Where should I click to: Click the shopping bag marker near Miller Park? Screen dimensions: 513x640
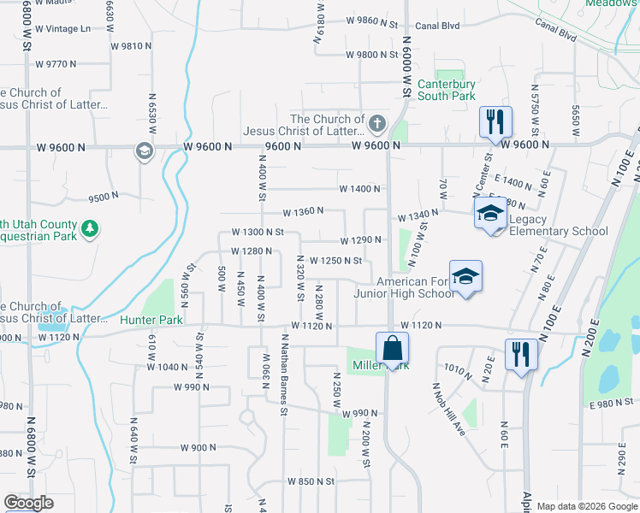392,349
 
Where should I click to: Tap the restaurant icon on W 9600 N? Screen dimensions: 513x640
495,122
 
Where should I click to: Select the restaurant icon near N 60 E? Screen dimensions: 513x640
520,354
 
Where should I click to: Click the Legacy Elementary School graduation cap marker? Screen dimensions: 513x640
490,213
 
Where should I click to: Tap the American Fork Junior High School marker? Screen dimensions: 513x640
465,277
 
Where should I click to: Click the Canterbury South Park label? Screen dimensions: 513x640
446,90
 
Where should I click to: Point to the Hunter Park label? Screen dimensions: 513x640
151,320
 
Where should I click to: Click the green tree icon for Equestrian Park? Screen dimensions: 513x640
90,228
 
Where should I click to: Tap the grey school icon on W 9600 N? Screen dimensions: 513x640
144,151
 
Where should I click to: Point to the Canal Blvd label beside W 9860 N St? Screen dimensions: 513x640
437,26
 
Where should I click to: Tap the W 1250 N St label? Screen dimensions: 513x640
335,260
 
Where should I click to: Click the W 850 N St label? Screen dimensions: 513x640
311,482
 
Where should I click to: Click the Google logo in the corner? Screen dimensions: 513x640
28,503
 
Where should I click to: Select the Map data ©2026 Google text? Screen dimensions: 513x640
586,506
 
